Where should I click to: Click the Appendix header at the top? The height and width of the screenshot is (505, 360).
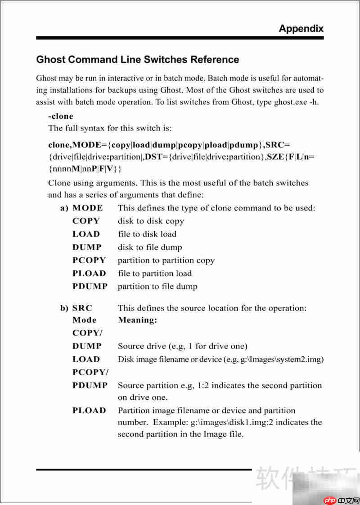coord(301,28)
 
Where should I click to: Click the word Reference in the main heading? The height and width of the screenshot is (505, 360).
coord(215,59)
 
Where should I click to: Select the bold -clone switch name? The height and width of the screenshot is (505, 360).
coord(61,116)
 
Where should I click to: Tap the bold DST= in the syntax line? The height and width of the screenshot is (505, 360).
coord(156,157)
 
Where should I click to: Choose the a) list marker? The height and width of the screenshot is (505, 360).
coord(64,208)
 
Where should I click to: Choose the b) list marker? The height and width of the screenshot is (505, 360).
coord(64,308)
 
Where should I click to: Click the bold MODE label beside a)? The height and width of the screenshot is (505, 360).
coord(87,208)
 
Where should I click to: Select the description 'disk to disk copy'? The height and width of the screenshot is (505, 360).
coord(151,221)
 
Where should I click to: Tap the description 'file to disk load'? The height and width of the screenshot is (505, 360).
coord(147,234)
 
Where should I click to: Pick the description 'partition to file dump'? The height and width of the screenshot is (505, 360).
coord(157,286)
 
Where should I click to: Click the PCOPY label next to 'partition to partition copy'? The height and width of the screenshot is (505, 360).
coord(89,260)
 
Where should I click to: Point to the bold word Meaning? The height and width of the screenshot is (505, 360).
coord(137,320)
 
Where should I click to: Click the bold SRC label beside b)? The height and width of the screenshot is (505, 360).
coord(82,308)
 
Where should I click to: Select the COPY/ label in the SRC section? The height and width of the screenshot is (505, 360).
coord(87,333)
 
